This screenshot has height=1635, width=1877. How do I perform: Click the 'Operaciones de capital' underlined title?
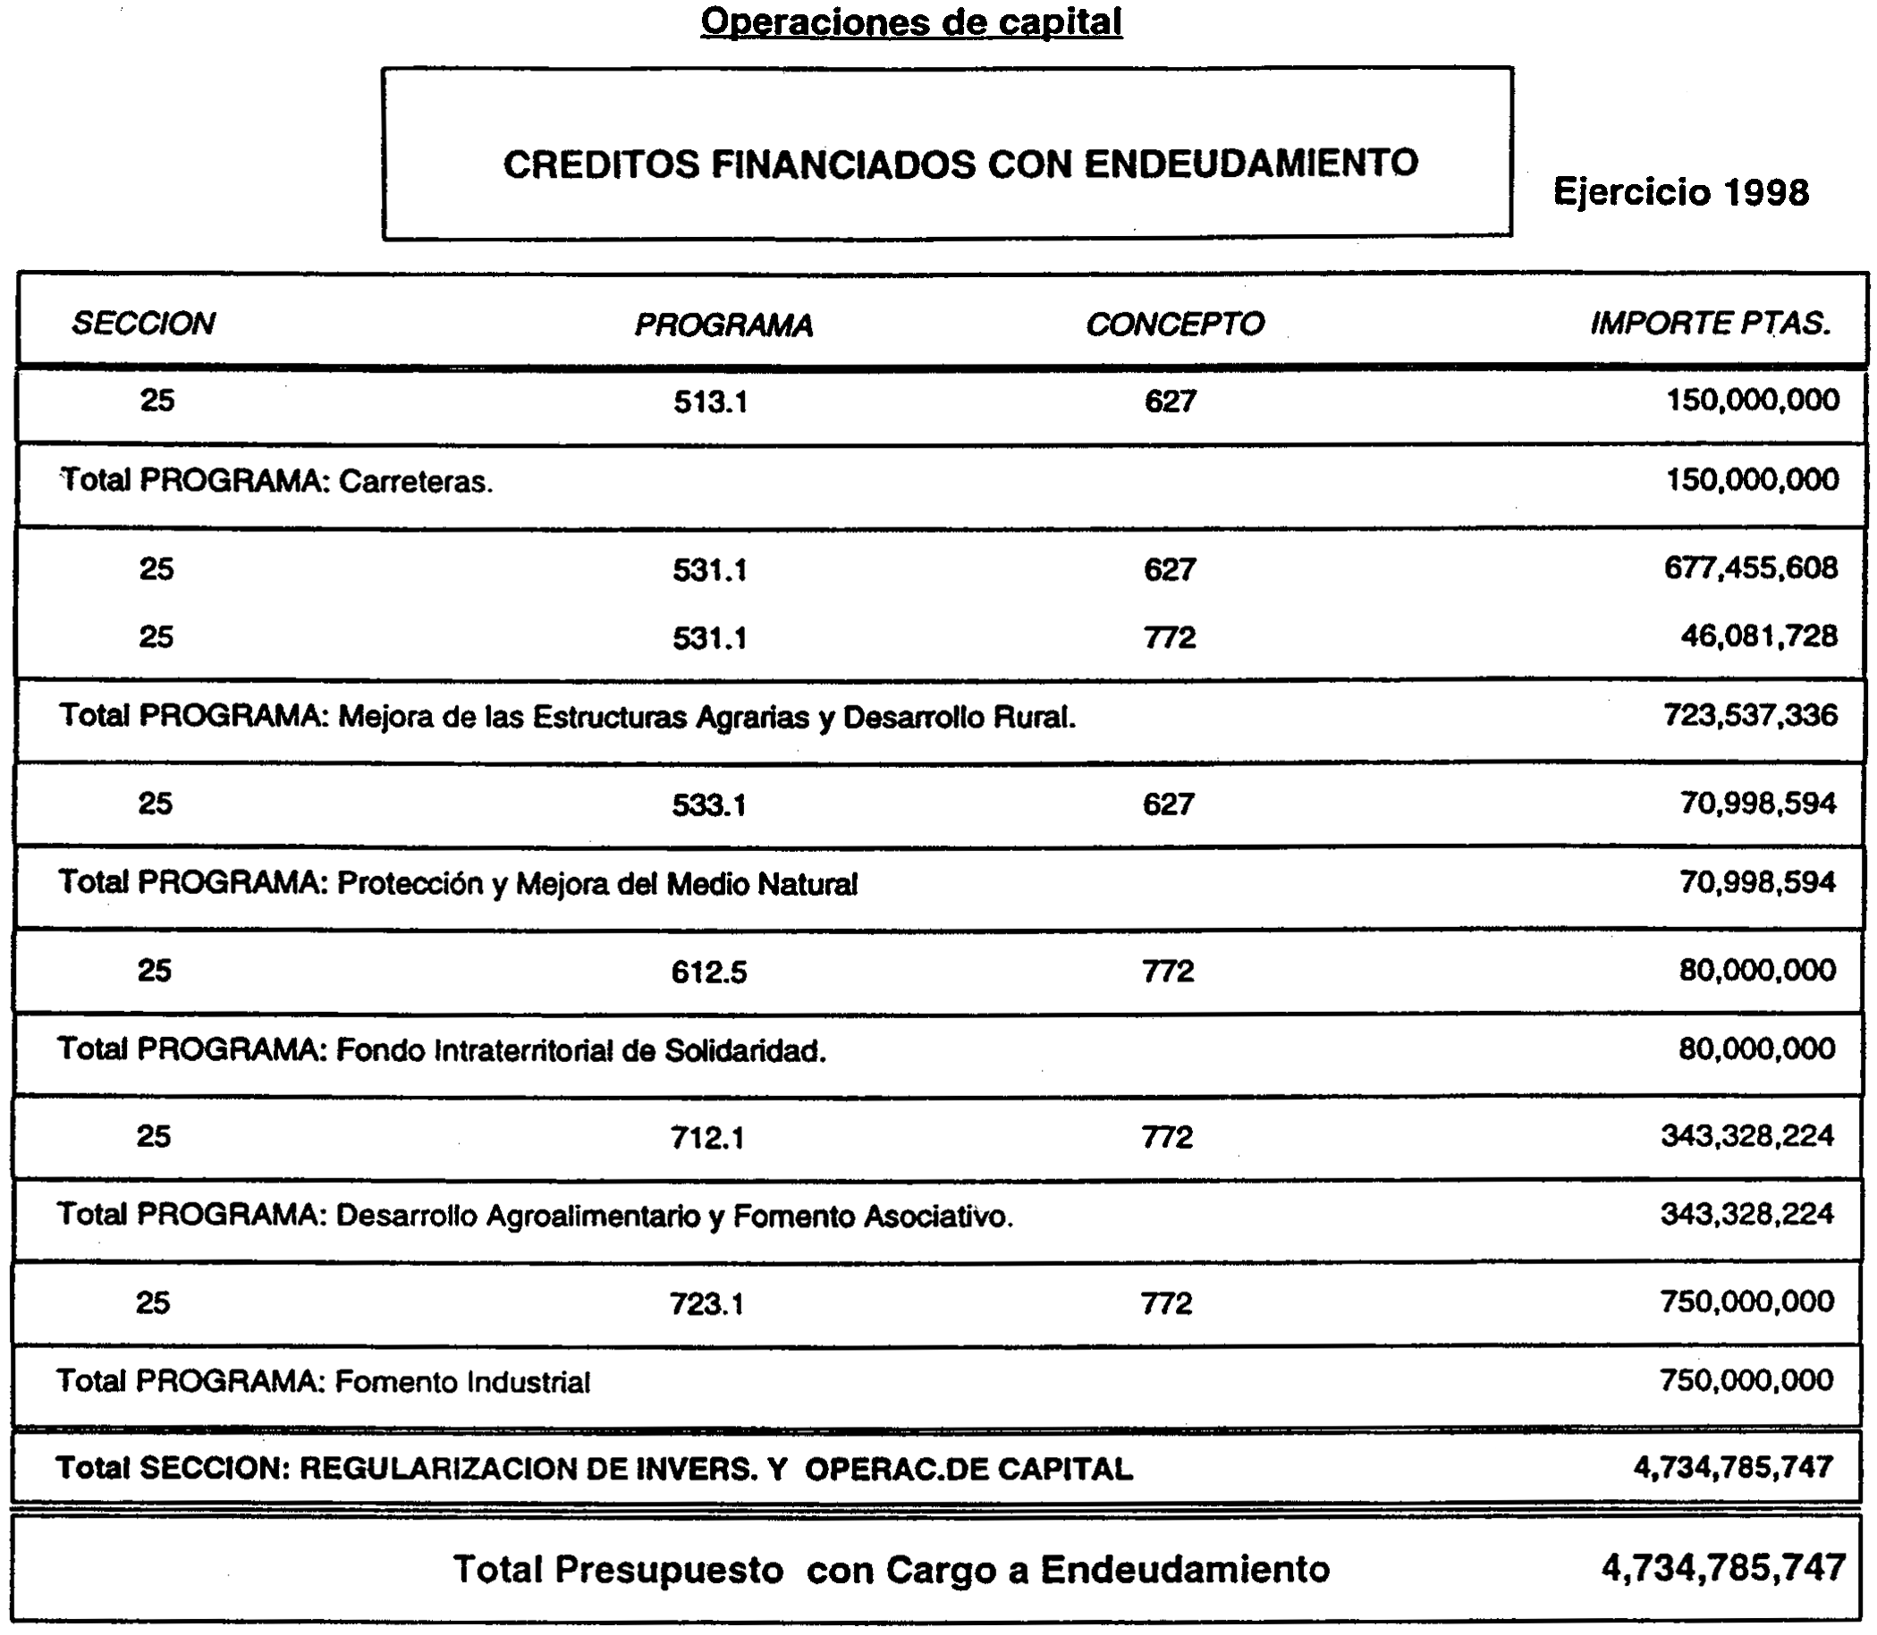[910, 21]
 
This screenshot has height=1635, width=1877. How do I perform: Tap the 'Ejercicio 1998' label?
[1681, 192]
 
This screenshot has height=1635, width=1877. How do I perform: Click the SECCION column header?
[143, 324]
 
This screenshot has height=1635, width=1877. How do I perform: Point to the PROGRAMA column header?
[723, 324]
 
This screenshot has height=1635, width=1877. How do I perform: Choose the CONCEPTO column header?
[1174, 324]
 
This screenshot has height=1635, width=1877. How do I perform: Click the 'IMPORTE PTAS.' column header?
[1711, 323]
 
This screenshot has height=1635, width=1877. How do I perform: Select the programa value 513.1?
[711, 402]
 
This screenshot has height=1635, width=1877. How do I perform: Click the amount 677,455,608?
[1751, 569]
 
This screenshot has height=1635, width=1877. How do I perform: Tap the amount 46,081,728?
[1758, 636]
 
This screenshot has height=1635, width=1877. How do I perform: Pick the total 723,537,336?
[1750, 715]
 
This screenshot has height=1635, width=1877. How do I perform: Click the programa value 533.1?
[709, 805]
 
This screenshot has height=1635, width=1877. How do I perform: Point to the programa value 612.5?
[709, 973]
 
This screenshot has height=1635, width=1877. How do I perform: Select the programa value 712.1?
[707, 1138]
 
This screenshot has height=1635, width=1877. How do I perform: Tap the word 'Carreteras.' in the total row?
[416, 482]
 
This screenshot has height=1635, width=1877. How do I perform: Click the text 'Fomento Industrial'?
[462, 1382]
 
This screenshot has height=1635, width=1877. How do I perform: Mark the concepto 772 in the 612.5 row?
[1168, 972]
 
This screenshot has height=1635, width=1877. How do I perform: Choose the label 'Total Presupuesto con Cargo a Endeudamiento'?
[892, 1570]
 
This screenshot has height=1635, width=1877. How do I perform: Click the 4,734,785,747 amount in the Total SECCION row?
[1733, 1467]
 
